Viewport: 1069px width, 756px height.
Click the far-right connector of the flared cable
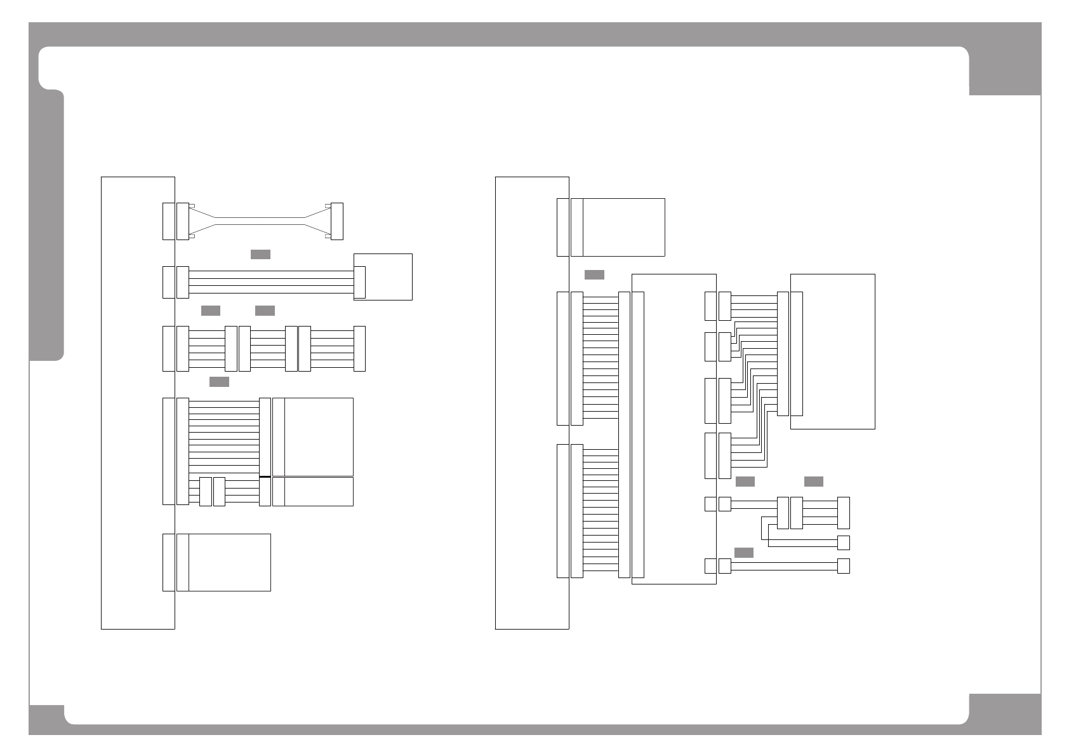(x=337, y=221)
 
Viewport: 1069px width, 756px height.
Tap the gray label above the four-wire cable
(x=260, y=255)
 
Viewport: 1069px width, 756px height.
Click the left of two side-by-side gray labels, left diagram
(x=211, y=310)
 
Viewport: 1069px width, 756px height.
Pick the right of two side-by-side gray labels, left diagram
(x=265, y=310)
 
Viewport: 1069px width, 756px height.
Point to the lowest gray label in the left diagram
(x=219, y=381)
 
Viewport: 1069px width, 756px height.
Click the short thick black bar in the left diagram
(x=265, y=476)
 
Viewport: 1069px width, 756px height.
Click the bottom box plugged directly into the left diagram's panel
(x=229, y=562)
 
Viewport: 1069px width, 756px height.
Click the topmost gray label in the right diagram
(x=594, y=274)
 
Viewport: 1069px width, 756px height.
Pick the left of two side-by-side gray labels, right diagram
(x=745, y=482)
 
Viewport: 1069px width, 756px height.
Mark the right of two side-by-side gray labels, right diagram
(x=814, y=482)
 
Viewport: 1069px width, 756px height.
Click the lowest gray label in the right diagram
(x=744, y=553)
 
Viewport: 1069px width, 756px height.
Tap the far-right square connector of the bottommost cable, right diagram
(x=844, y=566)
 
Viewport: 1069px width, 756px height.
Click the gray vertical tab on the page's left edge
(x=47, y=226)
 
